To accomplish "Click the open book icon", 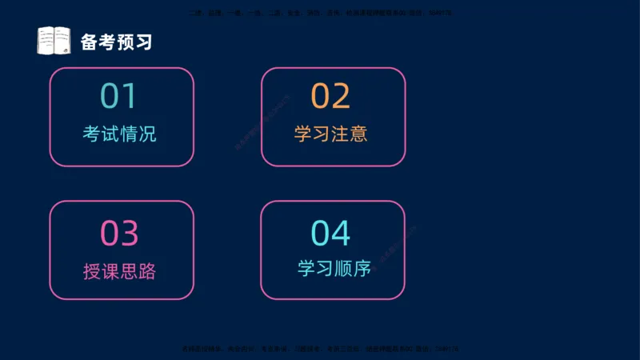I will (x=54, y=41).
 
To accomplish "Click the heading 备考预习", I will (x=116, y=42).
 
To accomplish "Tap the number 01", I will (x=119, y=96).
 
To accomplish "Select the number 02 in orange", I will (x=330, y=96).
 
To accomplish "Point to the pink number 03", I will (x=119, y=234).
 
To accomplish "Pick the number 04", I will (x=330, y=234).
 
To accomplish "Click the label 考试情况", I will (x=119, y=134).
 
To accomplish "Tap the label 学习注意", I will (x=330, y=134).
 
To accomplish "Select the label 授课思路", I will (x=119, y=270).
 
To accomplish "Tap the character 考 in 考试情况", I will (x=92, y=134).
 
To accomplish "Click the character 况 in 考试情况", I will (x=147, y=134).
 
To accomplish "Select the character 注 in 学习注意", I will (x=340, y=134).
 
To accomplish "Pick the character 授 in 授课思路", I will (x=92, y=270).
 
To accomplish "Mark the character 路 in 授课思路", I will (x=147, y=270).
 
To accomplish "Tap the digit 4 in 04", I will (x=341, y=234).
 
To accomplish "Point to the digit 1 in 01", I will (x=130, y=96).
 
